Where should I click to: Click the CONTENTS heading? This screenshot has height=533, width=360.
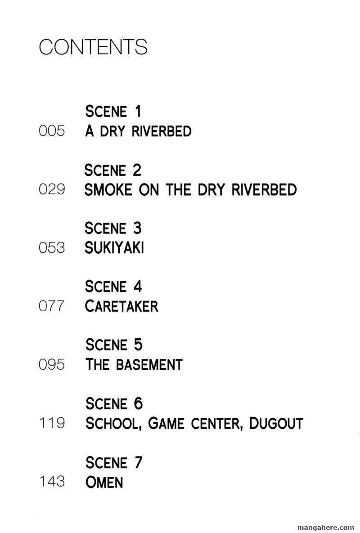(93, 47)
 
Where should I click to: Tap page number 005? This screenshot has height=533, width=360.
(52, 131)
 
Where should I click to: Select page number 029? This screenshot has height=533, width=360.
(52, 189)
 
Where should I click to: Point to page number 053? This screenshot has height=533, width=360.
(52, 248)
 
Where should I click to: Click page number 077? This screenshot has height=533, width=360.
(52, 306)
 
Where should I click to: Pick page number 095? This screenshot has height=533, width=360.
(52, 365)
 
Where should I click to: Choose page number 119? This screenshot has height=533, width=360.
(52, 423)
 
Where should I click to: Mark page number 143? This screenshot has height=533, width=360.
(52, 482)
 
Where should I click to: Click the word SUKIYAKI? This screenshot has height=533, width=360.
(114, 248)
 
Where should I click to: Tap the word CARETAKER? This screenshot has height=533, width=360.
(121, 306)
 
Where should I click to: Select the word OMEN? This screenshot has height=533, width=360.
(104, 482)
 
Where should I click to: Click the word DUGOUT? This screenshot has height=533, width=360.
(276, 424)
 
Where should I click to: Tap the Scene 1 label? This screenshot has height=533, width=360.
(113, 111)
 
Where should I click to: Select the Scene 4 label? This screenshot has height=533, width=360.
(113, 286)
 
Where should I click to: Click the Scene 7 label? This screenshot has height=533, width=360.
(114, 462)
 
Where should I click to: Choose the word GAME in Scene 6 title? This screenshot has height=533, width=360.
(166, 424)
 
